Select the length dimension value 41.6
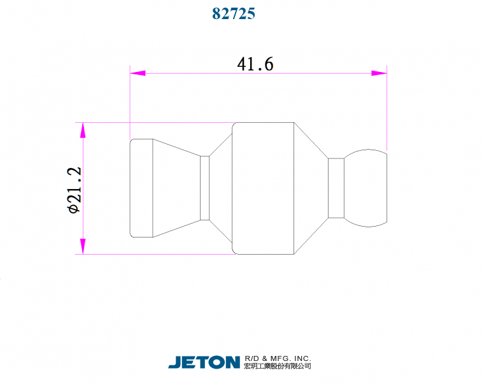[255, 64]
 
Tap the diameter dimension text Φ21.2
[74, 189]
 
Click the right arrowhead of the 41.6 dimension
[379, 73]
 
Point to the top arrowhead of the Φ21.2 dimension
[82, 131]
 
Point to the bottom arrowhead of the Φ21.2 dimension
[82, 246]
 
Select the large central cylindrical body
[264, 188]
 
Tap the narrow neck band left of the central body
[204, 188]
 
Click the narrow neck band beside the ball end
[336, 188]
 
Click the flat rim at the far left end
[141, 188]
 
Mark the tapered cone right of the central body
[310, 188]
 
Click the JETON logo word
[204, 362]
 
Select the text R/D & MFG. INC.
[278, 358]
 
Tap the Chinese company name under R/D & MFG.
[278, 367]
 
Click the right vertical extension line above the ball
[386, 108]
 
